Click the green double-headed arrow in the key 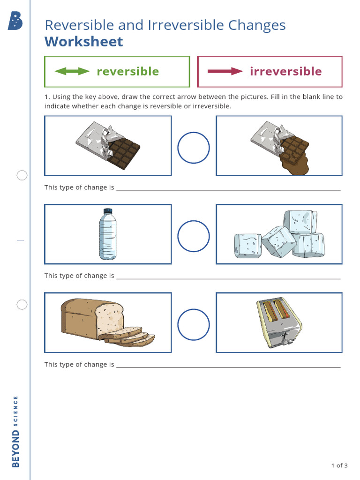[x=72, y=71]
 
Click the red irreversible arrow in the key [x=225, y=71]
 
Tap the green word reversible [x=127, y=71]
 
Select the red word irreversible [x=285, y=71]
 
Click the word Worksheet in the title [x=83, y=41]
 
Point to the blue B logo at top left [x=15, y=21]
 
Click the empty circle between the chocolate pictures [x=193, y=148]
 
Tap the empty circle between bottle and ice [x=193, y=236]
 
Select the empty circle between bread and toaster [x=193, y=324]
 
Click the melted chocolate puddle [x=293, y=165]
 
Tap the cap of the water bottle [x=108, y=211]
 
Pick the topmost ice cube [x=300, y=221]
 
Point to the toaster [x=279, y=322]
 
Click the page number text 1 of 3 [x=339, y=465]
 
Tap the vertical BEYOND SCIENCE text [x=16, y=431]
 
